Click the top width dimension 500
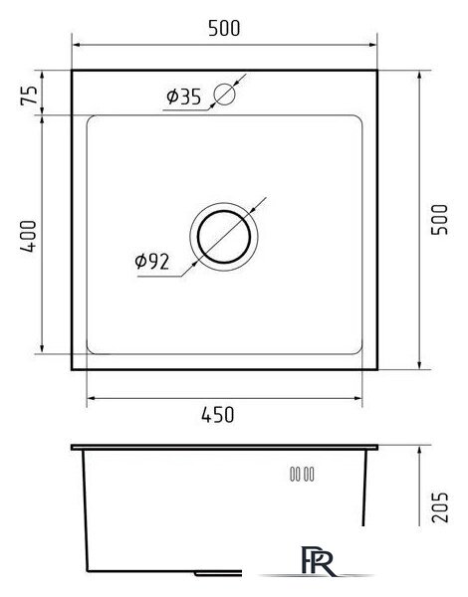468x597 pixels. pos(225,30)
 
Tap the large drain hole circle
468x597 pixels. pos(226,236)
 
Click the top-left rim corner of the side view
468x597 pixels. pos(74,448)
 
